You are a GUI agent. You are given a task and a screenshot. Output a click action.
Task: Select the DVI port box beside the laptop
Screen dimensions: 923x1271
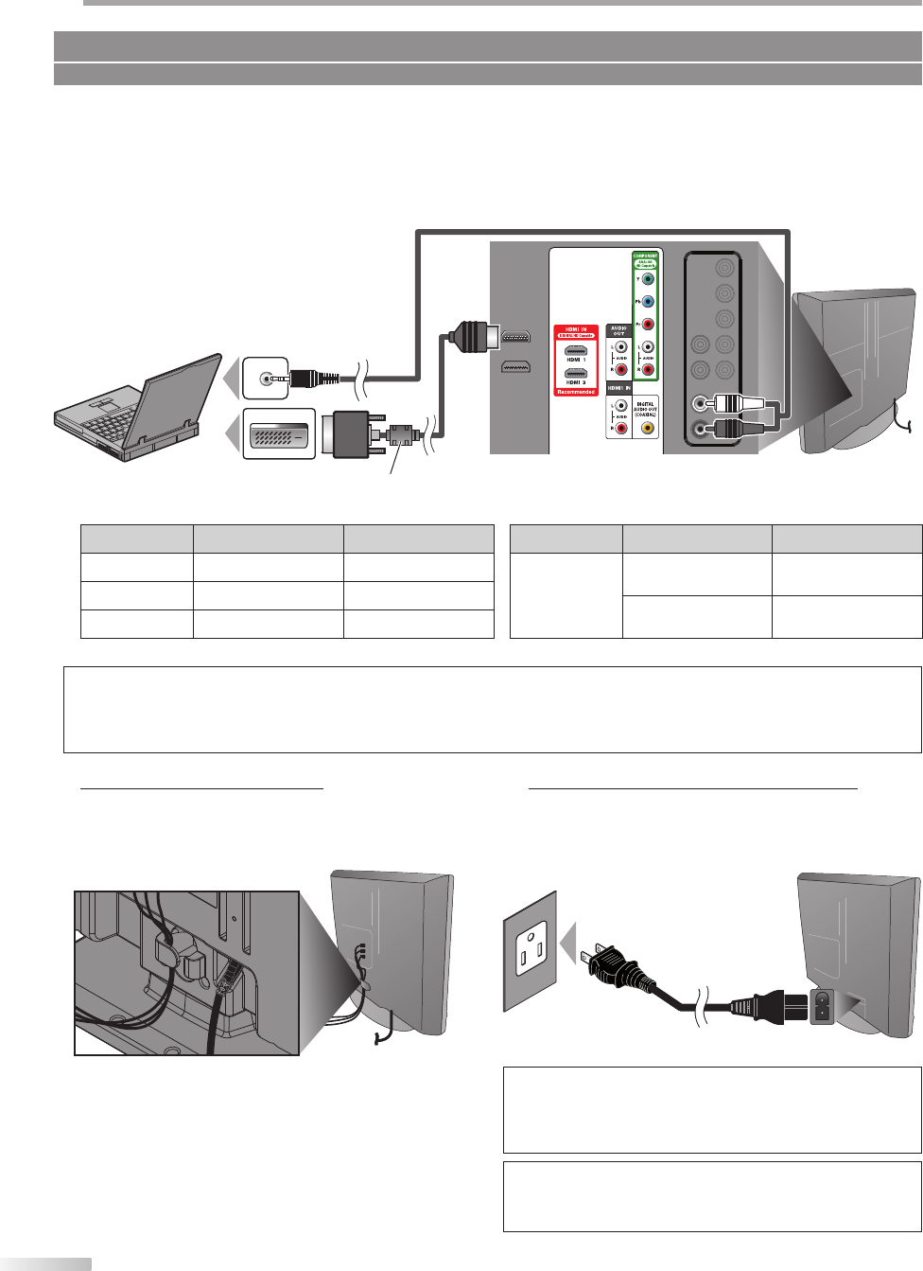click(278, 433)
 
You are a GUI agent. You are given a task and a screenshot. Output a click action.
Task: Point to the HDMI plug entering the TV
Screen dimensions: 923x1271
click(469, 336)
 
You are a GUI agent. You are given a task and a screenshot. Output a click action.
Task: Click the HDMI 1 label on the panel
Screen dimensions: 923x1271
click(576, 361)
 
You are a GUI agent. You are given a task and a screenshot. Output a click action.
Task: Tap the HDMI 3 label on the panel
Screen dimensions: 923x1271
click(576, 383)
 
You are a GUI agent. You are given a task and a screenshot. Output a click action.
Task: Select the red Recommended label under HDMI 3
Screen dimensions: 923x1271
click(576, 392)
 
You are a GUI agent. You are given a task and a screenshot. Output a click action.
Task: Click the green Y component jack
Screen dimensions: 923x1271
click(647, 279)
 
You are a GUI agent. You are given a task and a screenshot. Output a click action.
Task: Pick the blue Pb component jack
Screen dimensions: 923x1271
click(647, 302)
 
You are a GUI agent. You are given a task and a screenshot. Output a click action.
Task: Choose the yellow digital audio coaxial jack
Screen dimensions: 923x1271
click(647, 428)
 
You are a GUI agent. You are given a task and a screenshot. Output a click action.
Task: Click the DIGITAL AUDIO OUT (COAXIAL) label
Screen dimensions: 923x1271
click(646, 408)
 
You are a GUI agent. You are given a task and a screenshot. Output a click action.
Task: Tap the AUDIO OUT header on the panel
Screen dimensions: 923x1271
click(618, 331)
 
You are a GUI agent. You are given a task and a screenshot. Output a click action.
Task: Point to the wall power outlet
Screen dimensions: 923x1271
click(530, 951)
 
